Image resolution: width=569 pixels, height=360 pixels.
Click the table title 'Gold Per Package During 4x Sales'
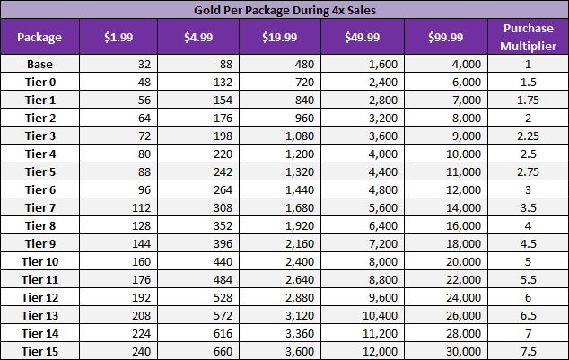pyautogui.click(x=284, y=10)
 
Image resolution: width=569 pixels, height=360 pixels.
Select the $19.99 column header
pyautogui.click(x=280, y=37)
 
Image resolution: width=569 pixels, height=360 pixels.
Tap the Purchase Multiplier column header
pyautogui.click(x=529, y=37)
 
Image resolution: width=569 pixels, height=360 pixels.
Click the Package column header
pyautogui.click(x=39, y=37)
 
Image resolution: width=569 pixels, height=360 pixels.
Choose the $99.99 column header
pyautogui.click(x=446, y=37)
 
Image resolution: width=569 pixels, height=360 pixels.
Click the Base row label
pyautogui.click(x=39, y=64)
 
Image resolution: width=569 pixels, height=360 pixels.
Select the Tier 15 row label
pyautogui.click(x=39, y=350)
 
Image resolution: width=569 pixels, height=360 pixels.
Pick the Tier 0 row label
pyautogui.click(x=39, y=81)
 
